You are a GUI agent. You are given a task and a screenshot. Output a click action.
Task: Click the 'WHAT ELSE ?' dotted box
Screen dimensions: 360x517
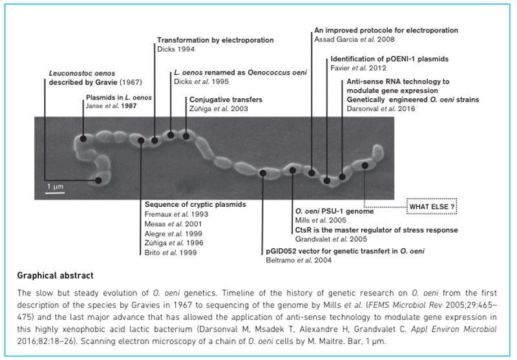[430, 206]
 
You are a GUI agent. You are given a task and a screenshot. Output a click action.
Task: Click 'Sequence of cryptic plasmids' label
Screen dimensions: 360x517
[191, 204]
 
